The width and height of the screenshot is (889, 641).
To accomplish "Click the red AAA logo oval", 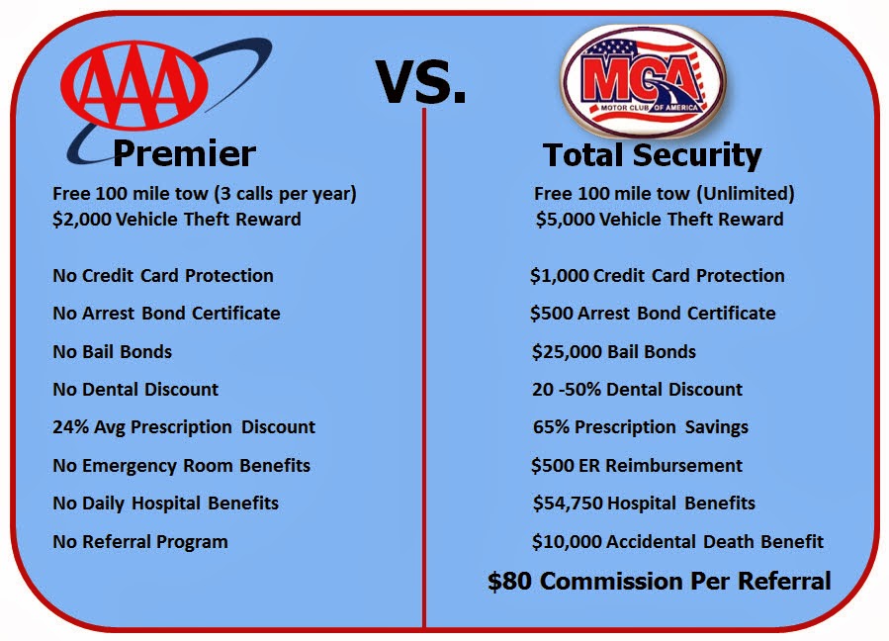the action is [x=134, y=84].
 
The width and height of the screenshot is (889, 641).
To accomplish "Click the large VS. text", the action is [x=420, y=82].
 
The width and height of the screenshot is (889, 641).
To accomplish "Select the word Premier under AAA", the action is [x=184, y=153].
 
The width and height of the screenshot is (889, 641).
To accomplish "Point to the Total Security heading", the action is [x=652, y=155].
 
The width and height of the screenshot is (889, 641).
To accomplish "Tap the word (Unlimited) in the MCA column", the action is [x=745, y=194].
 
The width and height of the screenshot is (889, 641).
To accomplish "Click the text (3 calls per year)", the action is [x=285, y=194].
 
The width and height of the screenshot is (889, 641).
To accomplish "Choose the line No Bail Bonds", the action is [x=113, y=352].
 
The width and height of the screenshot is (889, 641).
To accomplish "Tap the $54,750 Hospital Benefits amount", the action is [x=568, y=504].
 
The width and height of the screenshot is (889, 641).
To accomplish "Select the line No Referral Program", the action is [x=140, y=542].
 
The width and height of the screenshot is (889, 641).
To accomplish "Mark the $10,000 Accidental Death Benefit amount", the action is [x=567, y=542].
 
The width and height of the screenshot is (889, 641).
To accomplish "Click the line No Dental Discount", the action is [x=135, y=389].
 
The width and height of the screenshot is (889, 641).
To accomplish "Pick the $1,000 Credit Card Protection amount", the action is [x=560, y=276].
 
